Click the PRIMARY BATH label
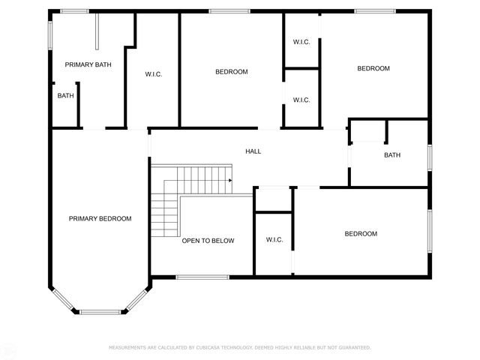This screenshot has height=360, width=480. coord(88,64)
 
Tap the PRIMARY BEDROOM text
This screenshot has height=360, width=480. coord(100,219)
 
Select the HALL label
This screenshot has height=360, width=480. coord(253,151)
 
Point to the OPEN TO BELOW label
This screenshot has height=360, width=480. coord(208,241)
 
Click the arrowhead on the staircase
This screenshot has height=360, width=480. coord(230,181)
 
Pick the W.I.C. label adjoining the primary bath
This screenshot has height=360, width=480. coord(154,73)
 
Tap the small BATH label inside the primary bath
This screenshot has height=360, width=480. coord(65,95)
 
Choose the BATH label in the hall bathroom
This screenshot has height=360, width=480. coord(391,155)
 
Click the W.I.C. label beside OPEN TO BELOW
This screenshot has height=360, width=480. coord(274,240)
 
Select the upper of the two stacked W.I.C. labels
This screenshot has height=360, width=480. coord(301,41)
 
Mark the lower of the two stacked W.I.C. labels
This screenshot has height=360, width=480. coord(301,100)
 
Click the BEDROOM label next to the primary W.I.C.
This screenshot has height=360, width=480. coord(231,72)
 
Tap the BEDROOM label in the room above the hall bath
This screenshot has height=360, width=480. coord(373,68)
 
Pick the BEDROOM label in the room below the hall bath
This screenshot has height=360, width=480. coord(361,234)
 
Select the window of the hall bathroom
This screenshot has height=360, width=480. coord(430,156)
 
